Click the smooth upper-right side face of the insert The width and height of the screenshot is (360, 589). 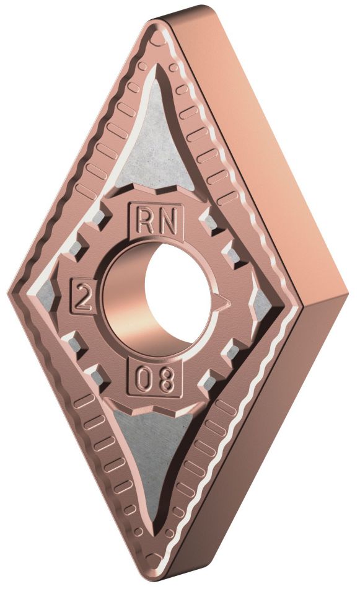coord(260,143)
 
